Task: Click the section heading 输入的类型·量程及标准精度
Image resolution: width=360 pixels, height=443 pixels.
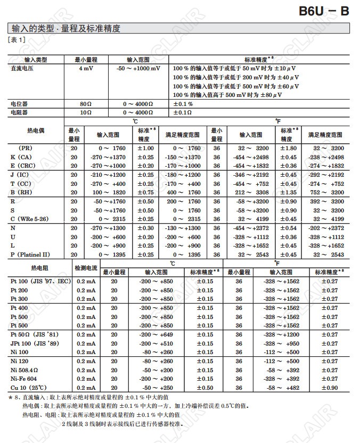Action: pos(65,29)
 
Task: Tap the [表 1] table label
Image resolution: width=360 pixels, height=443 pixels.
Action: pos(17,39)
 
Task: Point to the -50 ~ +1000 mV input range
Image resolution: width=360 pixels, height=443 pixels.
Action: pos(138,69)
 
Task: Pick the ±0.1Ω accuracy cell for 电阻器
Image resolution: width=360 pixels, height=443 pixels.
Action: pos(183,112)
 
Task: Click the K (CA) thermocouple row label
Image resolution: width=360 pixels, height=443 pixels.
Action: pos(22,157)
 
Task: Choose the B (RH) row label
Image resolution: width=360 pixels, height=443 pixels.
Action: pos(23,192)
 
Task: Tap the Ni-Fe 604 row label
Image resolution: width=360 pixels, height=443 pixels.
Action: pos(24,379)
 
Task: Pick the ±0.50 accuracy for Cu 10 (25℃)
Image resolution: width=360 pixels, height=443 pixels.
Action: pos(205,388)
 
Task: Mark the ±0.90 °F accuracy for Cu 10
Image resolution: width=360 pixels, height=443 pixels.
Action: pos(330,388)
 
